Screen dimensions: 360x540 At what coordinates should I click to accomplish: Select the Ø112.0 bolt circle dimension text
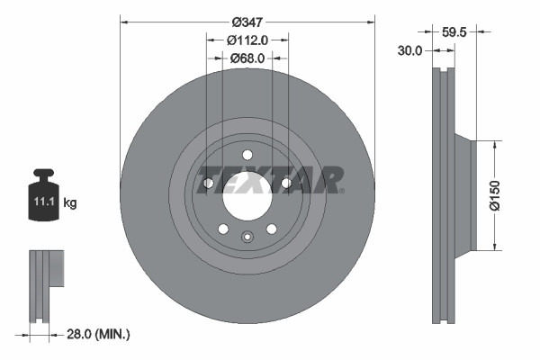247,40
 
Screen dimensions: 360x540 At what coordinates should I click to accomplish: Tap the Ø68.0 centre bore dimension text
247,58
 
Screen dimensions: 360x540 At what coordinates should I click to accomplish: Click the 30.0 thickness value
409,51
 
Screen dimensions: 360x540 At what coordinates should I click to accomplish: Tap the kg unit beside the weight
70,203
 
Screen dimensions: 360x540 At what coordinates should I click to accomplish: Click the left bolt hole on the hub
208,183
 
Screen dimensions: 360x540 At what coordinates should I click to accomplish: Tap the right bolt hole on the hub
286,183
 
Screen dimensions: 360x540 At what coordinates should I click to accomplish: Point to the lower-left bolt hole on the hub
223,229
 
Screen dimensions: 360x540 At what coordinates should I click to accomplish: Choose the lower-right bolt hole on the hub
271,229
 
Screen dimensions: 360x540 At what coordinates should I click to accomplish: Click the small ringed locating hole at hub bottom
247,237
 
